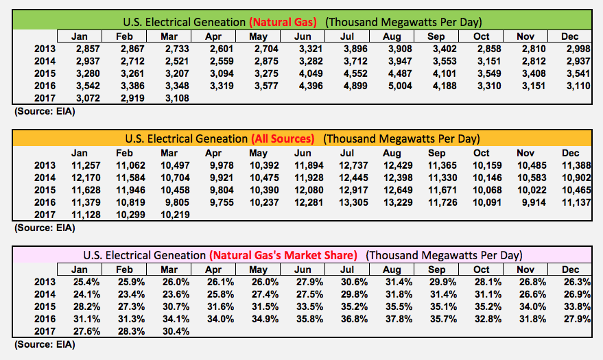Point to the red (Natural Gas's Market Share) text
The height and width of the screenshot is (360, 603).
(283, 255)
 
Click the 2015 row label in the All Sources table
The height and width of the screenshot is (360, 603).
(45, 190)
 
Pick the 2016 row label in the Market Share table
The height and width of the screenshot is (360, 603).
(45, 319)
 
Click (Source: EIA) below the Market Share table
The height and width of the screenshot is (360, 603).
(43, 344)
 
